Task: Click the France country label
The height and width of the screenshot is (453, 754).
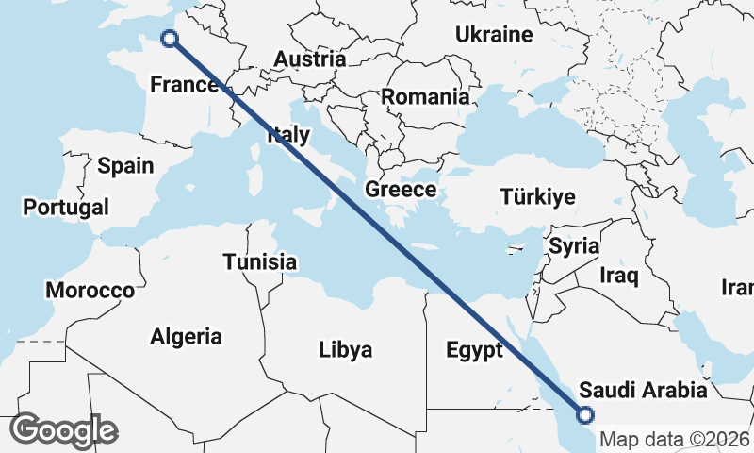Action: pyautogui.click(x=184, y=85)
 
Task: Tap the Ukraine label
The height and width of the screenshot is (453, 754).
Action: pyautogui.click(x=494, y=36)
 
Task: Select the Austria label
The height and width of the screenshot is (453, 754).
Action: pyautogui.click(x=309, y=59)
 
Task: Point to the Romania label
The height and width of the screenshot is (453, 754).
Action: pyautogui.click(x=425, y=96)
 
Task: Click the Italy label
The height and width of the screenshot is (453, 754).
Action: pyautogui.click(x=287, y=135)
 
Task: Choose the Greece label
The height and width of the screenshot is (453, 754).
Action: pyautogui.click(x=401, y=190)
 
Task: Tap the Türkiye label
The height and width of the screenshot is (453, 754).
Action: pyautogui.click(x=537, y=197)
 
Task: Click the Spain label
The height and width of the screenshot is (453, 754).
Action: pyautogui.click(x=125, y=166)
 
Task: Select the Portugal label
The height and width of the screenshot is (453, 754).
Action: pyautogui.click(x=66, y=207)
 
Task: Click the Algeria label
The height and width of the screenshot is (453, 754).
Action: pyautogui.click(x=187, y=336)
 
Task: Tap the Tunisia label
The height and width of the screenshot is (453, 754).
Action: pyautogui.click(x=260, y=262)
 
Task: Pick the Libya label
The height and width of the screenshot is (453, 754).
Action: pyautogui.click(x=345, y=350)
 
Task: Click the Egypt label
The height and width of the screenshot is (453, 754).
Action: pyautogui.click(x=474, y=351)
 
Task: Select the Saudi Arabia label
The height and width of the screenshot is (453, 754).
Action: pyautogui.click(x=643, y=390)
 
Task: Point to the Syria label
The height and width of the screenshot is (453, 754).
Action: pyautogui.click(x=574, y=247)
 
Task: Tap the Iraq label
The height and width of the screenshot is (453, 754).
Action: pyautogui.click(x=619, y=277)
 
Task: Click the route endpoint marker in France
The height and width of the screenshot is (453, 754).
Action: pyautogui.click(x=170, y=38)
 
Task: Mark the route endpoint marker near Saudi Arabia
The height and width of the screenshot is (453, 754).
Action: pyautogui.click(x=584, y=413)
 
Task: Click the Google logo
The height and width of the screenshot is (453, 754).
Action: pyautogui.click(x=63, y=430)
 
